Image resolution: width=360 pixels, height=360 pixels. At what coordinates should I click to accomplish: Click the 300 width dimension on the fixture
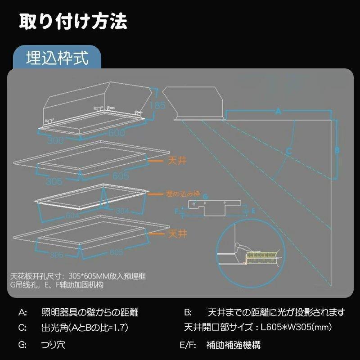(x=54, y=140)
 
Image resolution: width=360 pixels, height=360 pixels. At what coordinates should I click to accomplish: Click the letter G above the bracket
(x=205, y=197)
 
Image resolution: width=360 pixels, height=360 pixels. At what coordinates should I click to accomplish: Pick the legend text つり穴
(x=53, y=346)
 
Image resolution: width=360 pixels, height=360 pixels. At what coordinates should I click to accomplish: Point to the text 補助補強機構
(x=233, y=346)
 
